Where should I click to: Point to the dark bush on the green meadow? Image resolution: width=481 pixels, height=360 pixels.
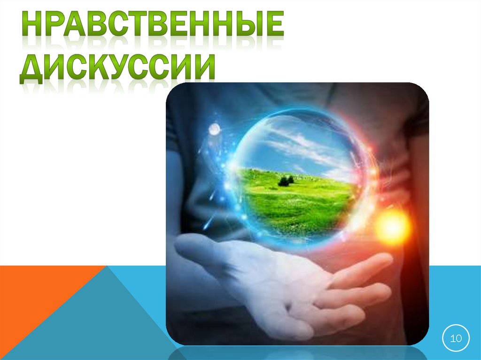point(286,180)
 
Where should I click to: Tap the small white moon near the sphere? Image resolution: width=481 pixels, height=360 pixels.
point(214,128)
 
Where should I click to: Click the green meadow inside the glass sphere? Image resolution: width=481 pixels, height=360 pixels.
point(296,202)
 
